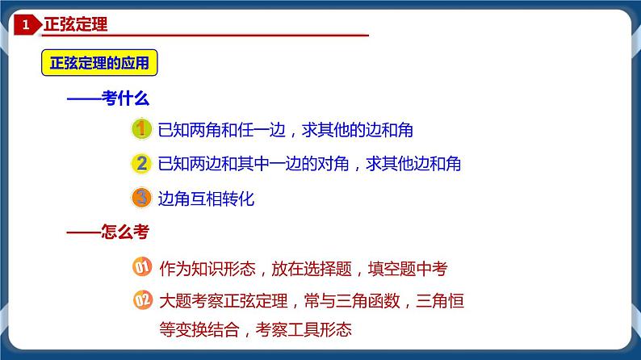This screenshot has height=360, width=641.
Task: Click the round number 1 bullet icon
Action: tap(141, 129)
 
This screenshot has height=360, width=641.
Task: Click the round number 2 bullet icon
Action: tap(141, 164)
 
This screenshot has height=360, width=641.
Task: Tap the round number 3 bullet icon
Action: tap(141, 198)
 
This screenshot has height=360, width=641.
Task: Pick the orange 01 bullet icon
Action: tap(141, 267)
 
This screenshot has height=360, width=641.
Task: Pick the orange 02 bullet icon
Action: tap(141, 302)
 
